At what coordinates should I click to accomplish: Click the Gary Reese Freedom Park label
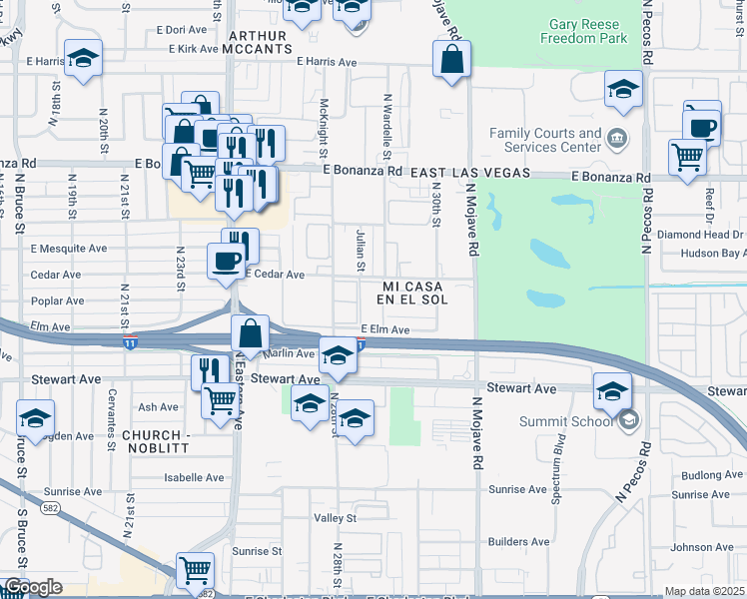583,31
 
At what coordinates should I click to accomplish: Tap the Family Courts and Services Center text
545,140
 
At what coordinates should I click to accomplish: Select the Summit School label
558,421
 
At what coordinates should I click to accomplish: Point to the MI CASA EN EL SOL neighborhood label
411,293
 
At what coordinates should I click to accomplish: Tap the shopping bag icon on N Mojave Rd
452,59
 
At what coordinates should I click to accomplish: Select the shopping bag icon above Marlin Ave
252,333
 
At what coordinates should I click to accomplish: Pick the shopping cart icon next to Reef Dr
687,157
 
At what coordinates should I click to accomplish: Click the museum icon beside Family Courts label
618,137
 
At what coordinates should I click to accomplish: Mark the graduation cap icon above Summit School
612,391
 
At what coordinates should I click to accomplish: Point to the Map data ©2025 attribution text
703,591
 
